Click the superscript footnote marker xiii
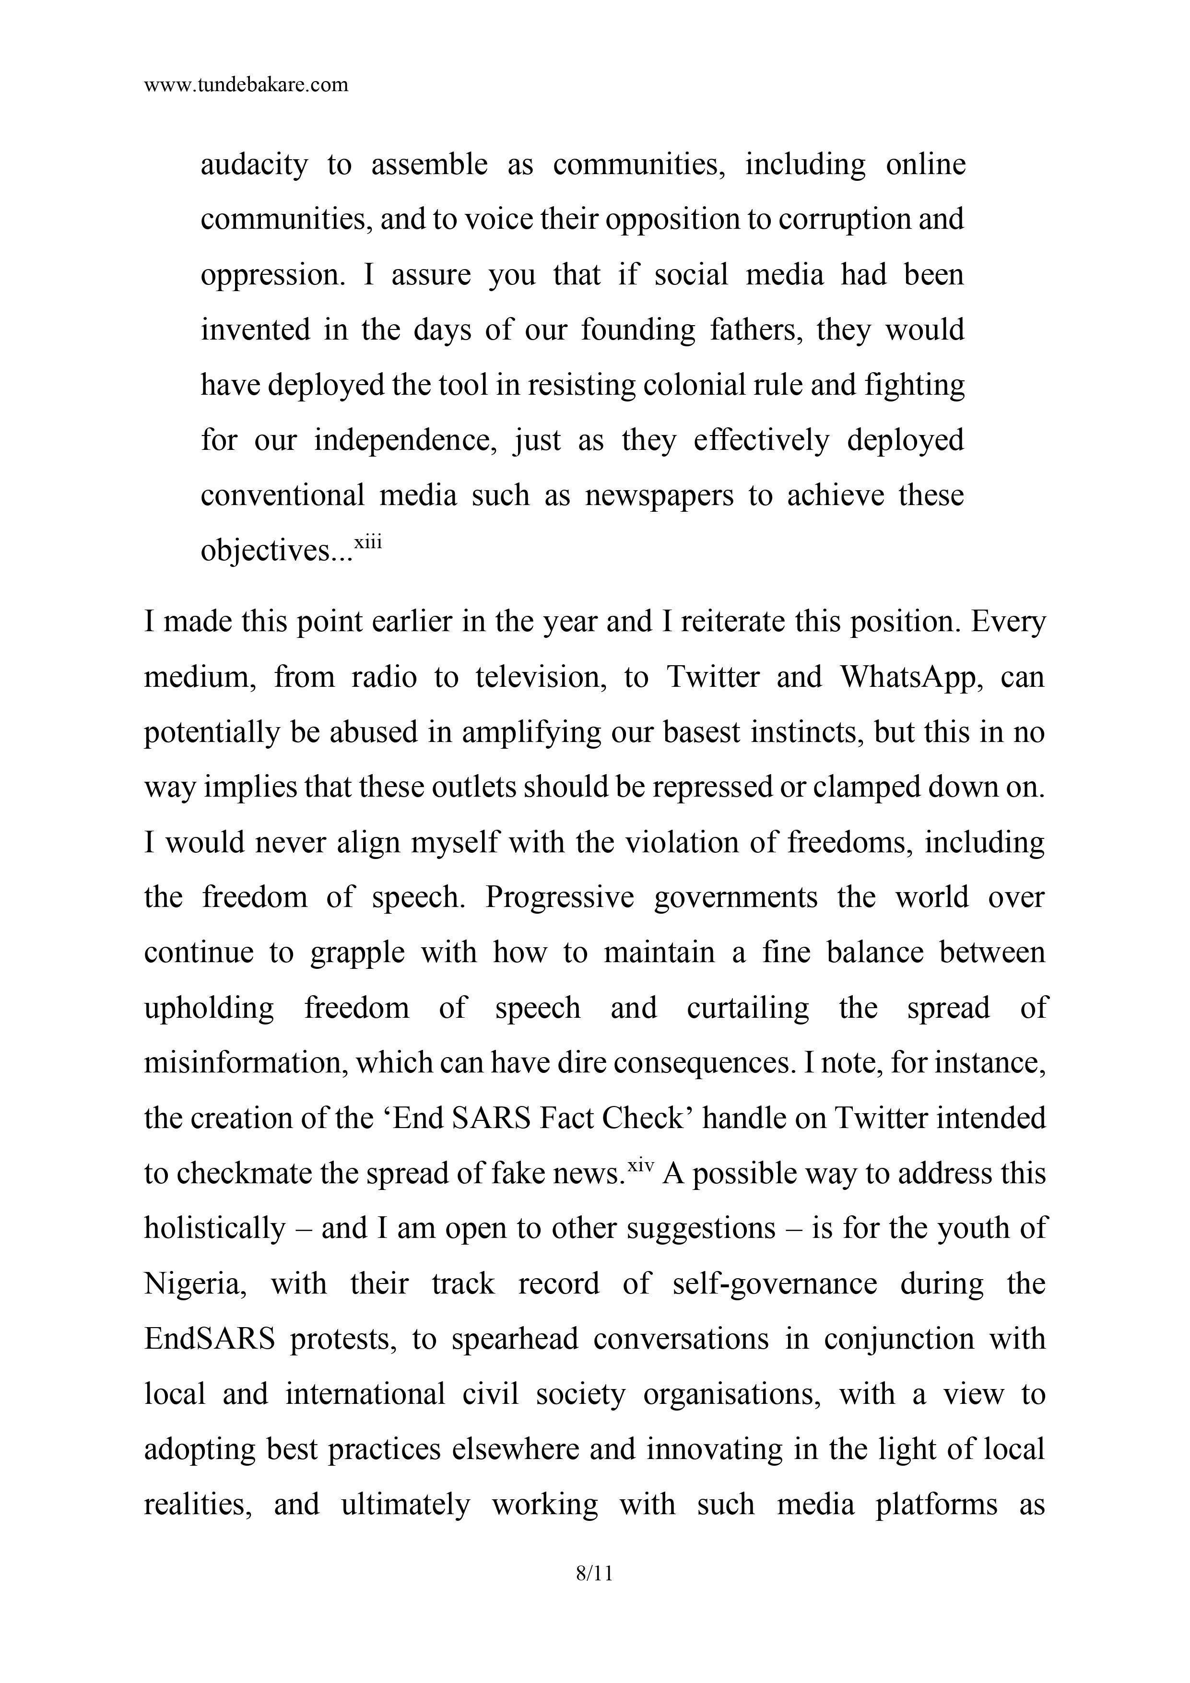[368, 542]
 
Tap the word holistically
[214, 1228]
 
